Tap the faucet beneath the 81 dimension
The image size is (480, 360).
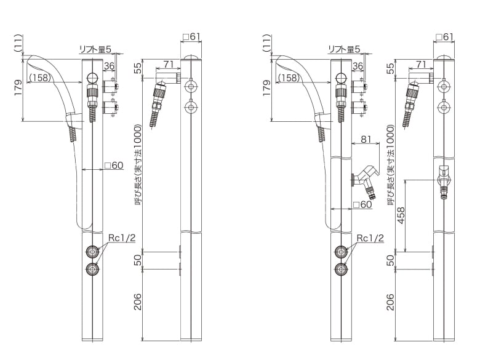(365, 180)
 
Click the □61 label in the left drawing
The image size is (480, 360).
(191, 38)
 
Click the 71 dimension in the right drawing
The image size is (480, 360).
(421, 65)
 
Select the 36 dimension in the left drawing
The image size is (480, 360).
(109, 66)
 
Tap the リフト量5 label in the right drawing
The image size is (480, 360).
(343, 49)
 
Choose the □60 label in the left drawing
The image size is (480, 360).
(114, 166)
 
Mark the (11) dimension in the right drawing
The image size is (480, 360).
(267, 44)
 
